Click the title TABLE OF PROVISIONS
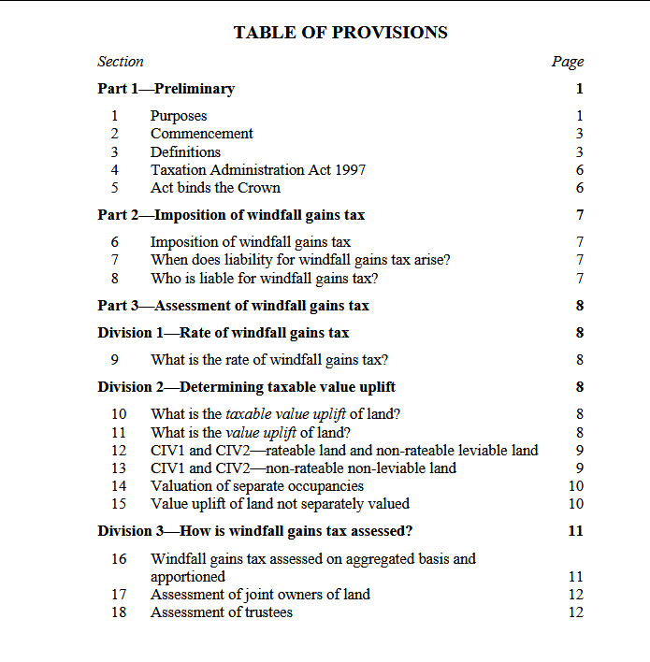340,33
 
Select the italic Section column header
121,62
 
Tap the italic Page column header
568,62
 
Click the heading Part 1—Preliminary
166,89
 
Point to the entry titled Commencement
201,134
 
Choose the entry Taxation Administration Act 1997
257,170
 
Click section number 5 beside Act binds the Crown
115,188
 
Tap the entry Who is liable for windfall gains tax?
264,279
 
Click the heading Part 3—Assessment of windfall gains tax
233,306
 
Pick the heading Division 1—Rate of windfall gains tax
224,333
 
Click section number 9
115,360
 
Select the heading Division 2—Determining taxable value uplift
246,387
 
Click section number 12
119,451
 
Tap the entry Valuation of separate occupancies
256,486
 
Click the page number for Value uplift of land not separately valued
576,504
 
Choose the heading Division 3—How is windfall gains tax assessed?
255,531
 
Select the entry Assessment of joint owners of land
260,595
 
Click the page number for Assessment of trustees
576,612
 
